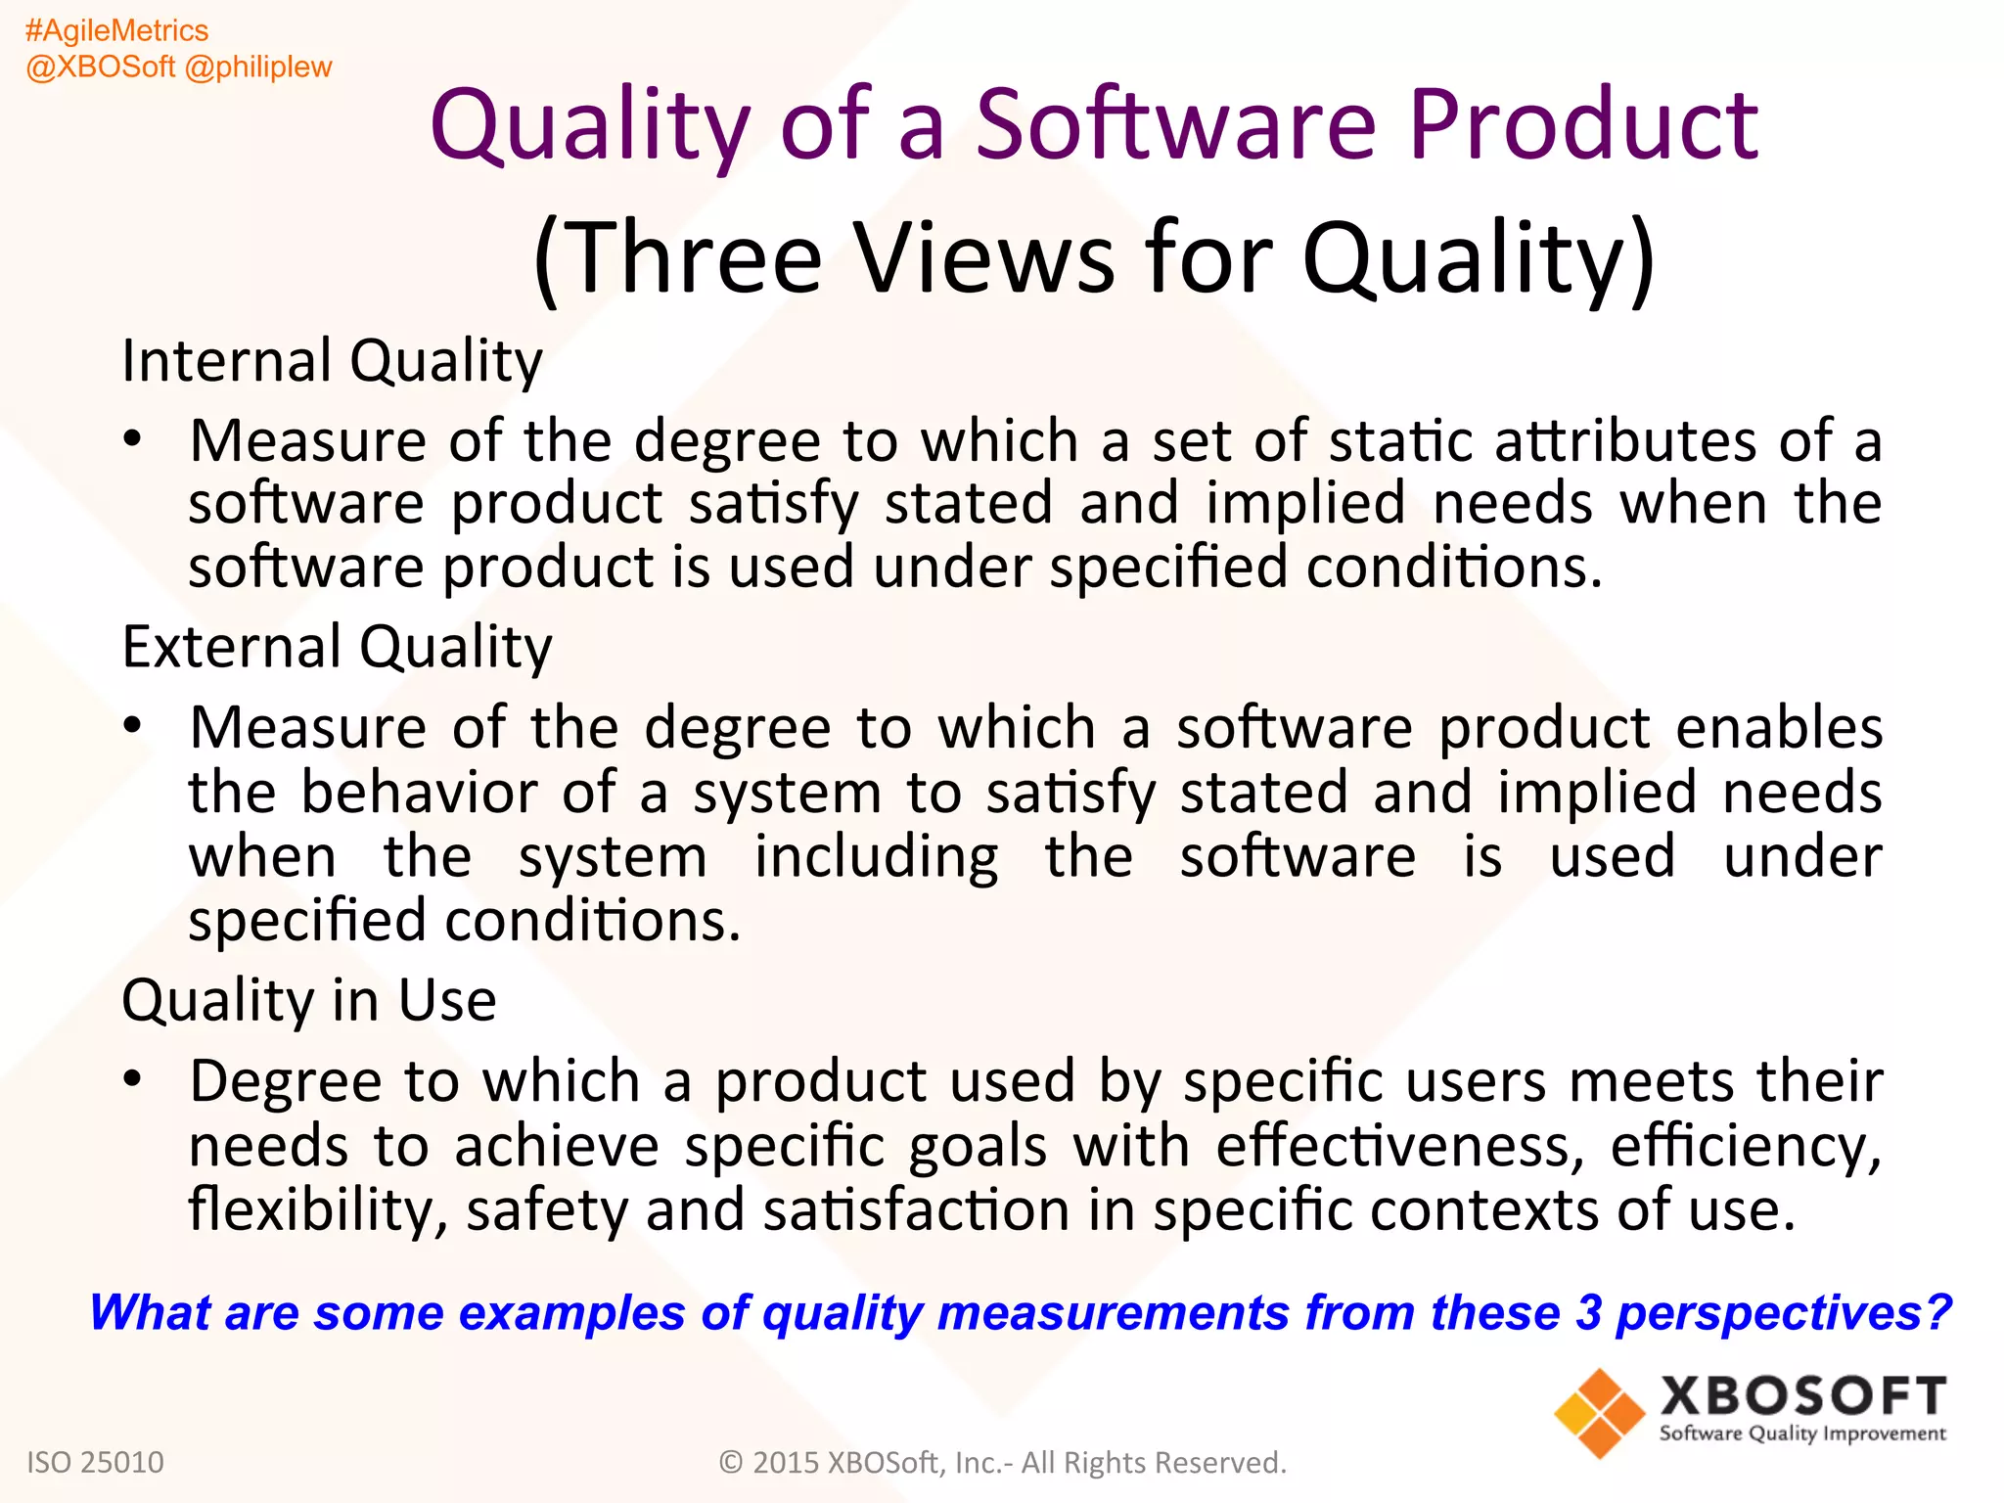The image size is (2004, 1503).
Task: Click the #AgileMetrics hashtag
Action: pyautogui.click(x=116, y=31)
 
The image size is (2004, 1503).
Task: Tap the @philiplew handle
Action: pyautogui.click(x=258, y=68)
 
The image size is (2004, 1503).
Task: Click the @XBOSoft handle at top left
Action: pyautogui.click(x=101, y=68)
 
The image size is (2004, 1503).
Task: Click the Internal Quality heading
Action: pyautogui.click(x=332, y=361)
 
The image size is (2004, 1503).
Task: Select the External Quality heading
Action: pyautogui.click(x=337, y=647)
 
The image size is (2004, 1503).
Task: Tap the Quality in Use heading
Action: pyautogui.click(x=308, y=1001)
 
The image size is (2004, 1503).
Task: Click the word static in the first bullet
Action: pyautogui.click(x=1400, y=440)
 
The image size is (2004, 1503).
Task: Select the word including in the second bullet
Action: pyautogui.click(x=876, y=857)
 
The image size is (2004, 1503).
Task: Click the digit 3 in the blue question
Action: pyautogui.click(x=1588, y=1313)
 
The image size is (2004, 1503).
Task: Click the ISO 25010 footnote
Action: pyautogui.click(x=95, y=1462)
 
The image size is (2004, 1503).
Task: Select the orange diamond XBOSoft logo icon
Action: pyautogui.click(x=1599, y=1413)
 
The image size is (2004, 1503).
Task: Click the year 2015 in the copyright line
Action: pyautogui.click(x=786, y=1463)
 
